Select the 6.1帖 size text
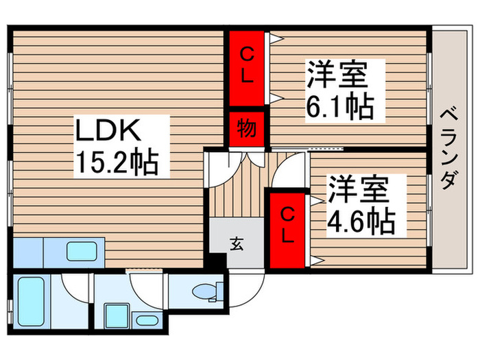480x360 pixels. tap(341, 107)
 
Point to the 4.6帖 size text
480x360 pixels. tap(360, 220)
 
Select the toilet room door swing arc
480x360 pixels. tap(146, 288)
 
